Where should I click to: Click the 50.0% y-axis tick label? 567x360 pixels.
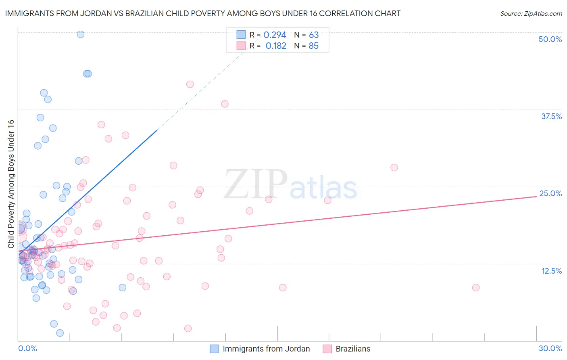pos(550,40)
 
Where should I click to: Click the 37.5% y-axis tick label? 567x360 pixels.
pos(551,117)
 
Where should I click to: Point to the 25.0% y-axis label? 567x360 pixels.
pos(550,194)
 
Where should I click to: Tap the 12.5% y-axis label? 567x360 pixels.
pos(551,271)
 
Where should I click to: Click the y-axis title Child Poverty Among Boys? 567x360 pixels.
pos(11,184)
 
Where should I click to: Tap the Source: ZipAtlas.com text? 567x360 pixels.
pos(531,14)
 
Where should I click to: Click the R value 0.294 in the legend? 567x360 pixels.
pos(275,35)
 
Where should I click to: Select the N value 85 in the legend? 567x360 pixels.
pos(313,46)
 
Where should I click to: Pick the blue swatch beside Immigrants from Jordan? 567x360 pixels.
pos(215,349)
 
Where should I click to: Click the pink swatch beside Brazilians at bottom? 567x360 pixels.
pos(327,349)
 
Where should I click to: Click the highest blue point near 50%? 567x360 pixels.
pos(81,34)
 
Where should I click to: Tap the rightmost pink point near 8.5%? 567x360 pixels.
pos(476,288)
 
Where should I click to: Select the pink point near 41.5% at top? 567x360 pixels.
pos(190,84)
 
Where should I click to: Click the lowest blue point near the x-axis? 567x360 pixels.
pos(60,333)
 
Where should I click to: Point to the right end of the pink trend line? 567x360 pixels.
pos(536,196)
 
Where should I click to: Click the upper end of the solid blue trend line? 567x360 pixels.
pos(156,130)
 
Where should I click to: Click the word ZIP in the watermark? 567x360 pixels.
pos(255,184)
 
